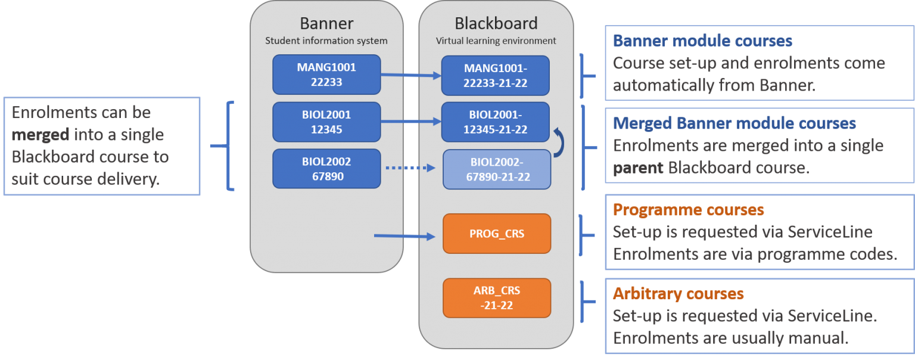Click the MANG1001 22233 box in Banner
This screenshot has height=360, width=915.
point(326,75)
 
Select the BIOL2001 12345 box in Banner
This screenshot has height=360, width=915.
point(326,122)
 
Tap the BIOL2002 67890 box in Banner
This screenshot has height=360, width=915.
point(326,169)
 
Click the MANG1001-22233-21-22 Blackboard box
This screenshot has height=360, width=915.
point(496,76)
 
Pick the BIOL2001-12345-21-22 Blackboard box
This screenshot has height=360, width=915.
point(496,122)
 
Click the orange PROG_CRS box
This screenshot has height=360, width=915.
point(497,234)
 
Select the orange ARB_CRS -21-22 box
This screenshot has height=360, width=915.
point(497,298)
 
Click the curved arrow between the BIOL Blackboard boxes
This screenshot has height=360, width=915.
point(559,143)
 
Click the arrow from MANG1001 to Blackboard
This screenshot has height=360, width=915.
point(411,76)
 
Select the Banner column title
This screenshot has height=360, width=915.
point(326,23)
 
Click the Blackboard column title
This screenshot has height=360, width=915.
point(496,23)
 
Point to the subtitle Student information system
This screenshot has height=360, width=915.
point(326,41)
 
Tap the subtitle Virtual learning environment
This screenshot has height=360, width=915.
point(496,41)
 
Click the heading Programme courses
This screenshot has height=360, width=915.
point(688,210)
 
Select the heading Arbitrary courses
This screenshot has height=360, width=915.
point(678,294)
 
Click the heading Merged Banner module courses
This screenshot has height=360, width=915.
point(734,123)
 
